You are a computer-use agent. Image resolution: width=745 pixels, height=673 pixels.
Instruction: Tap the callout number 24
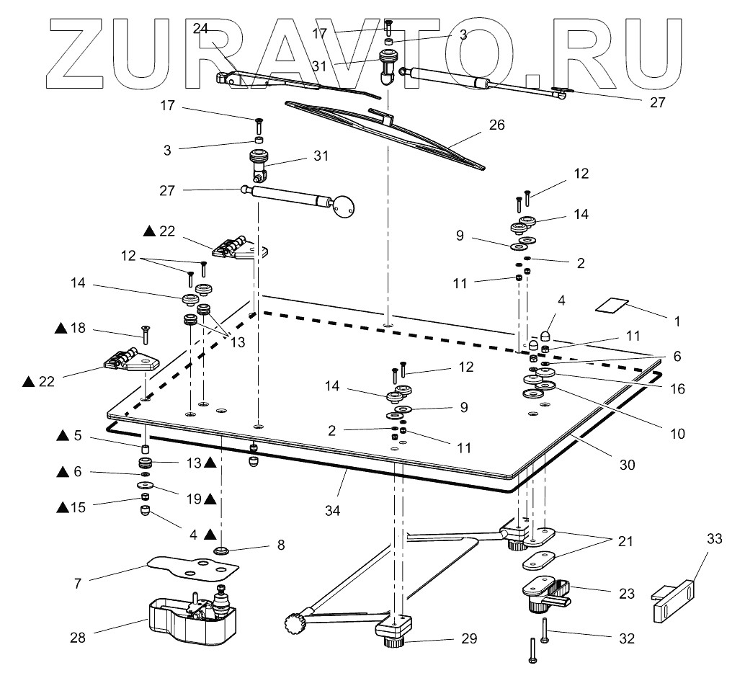coord(201,29)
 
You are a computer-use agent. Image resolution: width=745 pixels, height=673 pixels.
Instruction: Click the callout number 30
coord(628,465)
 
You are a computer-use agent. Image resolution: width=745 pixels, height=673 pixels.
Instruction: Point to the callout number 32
coord(627,638)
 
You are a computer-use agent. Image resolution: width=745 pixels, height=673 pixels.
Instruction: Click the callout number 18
coord(77,329)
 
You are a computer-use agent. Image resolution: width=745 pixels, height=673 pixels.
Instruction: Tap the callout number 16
coord(677,389)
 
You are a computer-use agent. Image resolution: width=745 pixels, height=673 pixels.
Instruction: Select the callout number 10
coord(676,434)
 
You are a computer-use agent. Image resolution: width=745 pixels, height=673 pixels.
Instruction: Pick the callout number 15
coord(78,507)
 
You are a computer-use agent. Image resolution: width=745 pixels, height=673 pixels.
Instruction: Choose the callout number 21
coord(628,542)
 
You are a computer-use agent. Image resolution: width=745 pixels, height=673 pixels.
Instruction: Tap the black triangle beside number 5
coord(62,435)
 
